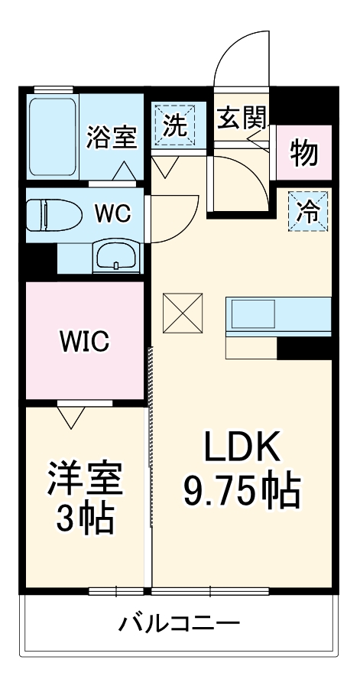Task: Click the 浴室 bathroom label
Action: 112,137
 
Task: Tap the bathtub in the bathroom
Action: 54,136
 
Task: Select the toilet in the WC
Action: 54,214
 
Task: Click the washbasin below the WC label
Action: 116,256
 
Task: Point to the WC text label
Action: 113,214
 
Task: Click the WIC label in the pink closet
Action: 84,341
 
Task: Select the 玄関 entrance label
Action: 242,118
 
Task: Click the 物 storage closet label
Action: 303,154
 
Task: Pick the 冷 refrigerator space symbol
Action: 308,211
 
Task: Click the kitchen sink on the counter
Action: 253,314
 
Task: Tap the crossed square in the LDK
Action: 183,314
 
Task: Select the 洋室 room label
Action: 84,479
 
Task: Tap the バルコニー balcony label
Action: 179,622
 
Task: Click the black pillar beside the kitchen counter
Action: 304,349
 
